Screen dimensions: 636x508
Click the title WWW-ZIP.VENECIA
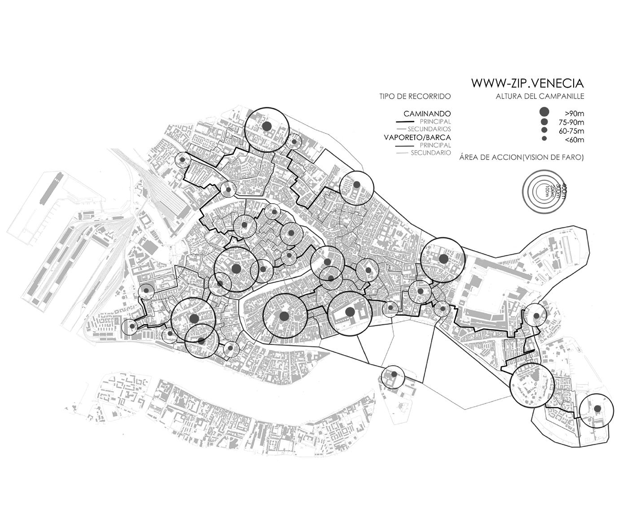click(527, 83)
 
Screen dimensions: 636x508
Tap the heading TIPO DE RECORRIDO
click(415, 96)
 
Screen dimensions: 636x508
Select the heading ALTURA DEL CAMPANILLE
click(540, 96)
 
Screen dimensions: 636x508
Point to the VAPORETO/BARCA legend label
click(417, 137)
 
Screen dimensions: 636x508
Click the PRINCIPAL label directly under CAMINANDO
click(435, 121)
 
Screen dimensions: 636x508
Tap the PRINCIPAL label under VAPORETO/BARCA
click(435, 145)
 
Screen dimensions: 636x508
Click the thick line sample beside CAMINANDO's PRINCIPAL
click(405, 122)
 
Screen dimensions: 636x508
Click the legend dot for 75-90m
click(544, 122)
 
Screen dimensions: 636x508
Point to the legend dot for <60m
click(544, 139)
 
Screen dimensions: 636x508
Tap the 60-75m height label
click(569, 131)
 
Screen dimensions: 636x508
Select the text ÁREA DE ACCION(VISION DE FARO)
click(522, 158)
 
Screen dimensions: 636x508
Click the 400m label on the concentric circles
click(564, 189)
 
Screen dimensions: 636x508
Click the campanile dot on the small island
click(394, 374)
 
